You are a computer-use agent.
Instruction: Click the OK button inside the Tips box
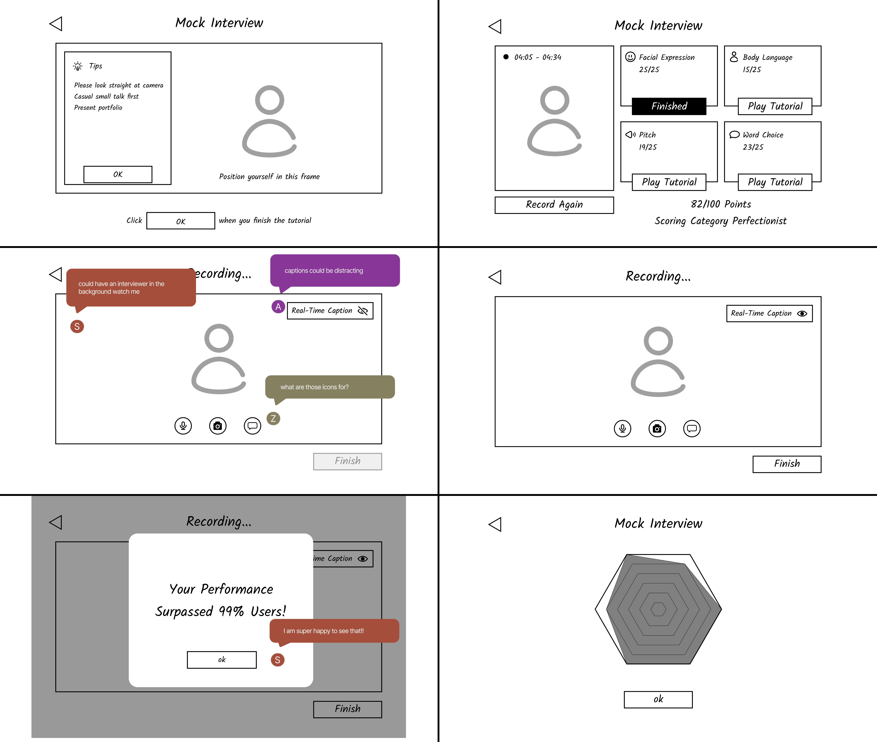(118, 174)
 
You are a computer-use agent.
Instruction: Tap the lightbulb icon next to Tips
(78, 66)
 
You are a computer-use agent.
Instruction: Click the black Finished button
(669, 106)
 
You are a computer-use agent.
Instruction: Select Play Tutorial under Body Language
(775, 106)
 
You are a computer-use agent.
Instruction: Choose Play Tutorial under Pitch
(669, 182)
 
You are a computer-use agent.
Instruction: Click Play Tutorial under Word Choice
(775, 182)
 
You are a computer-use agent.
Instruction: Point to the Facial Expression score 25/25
(649, 69)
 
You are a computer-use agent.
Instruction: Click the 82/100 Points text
(721, 204)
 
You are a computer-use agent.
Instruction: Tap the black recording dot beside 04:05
(506, 57)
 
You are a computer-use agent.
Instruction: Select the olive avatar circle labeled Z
(273, 419)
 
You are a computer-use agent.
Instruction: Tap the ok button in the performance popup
(222, 660)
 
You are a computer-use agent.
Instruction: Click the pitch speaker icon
(630, 135)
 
